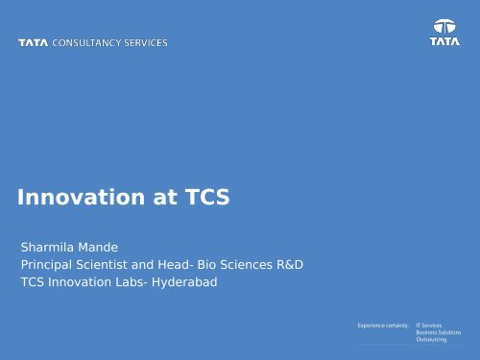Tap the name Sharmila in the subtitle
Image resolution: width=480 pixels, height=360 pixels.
click(x=49, y=246)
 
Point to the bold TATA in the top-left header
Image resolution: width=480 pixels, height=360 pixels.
click(x=34, y=43)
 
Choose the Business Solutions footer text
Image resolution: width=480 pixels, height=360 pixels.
click(x=439, y=335)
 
